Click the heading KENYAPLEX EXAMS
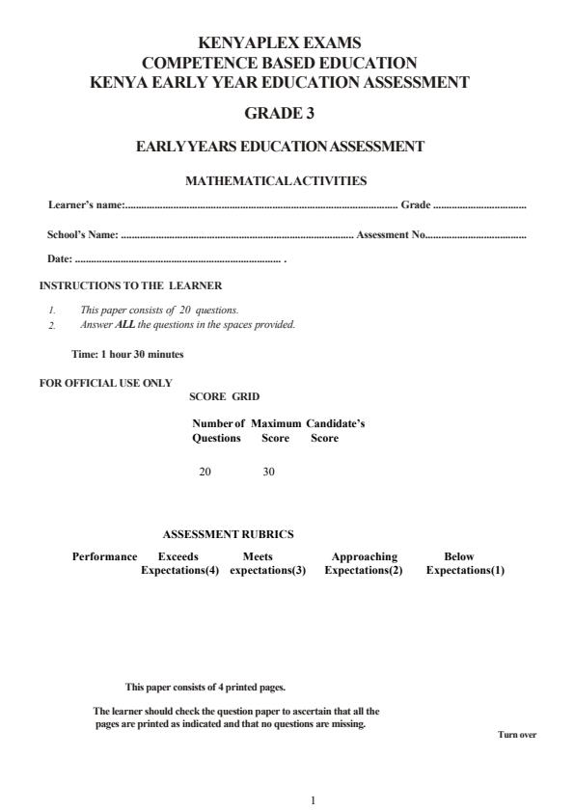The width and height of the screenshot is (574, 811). tap(279, 42)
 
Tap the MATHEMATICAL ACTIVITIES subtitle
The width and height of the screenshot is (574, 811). tap(276, 180)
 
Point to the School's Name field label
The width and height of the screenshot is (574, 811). tap(83, 234)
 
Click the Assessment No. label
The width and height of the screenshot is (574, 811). tap(391, 234)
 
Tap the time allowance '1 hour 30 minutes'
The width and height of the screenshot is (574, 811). tap(141, 354)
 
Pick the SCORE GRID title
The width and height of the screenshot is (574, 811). tap(224, 396)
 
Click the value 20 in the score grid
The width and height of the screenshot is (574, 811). tap(205, 472)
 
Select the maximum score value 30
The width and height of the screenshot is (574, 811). tap(269, 472)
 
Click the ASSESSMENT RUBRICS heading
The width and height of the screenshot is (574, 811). tap(228, 534)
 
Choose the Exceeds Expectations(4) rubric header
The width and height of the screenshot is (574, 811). tap(179, 563)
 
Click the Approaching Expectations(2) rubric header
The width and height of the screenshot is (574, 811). tap(364, 563)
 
